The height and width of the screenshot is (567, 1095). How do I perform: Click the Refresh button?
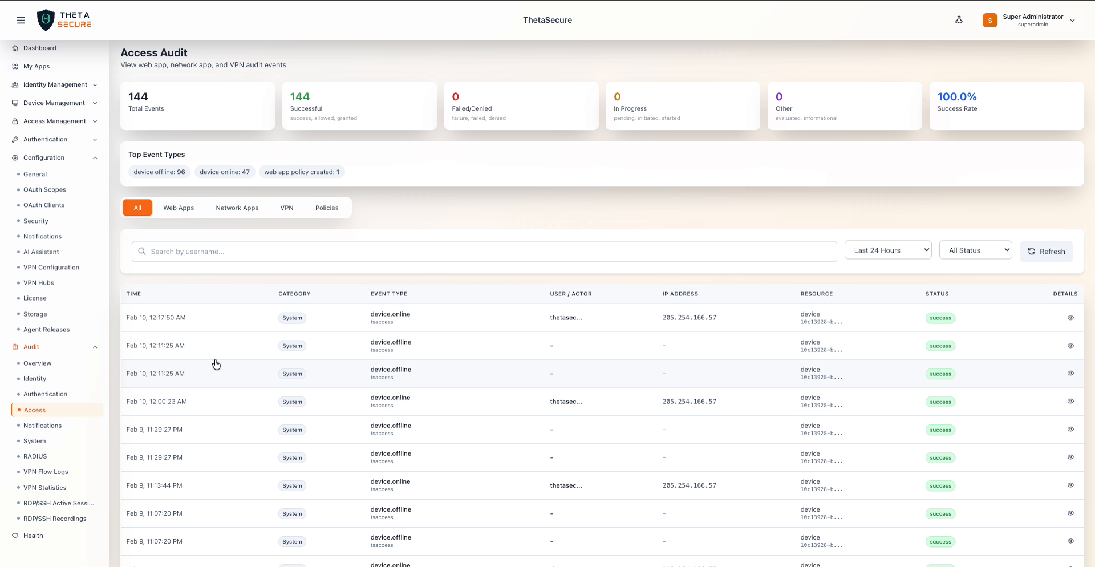(1046, 252)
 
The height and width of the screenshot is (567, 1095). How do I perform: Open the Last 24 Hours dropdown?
(888, 250)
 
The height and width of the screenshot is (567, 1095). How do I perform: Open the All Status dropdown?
(975, 250)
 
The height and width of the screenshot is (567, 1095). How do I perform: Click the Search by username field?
(484, 252)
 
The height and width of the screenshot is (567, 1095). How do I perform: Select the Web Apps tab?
(179, 208)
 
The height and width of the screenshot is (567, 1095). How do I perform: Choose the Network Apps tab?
(237, 208)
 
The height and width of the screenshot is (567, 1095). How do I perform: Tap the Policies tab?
(327, 208)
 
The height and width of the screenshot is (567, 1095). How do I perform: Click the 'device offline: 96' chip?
(159, 172)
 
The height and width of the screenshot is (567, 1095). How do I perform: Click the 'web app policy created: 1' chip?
(302, 172)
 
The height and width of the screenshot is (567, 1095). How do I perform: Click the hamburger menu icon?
(21, 21)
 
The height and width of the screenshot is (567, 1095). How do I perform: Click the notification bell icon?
(959, 20)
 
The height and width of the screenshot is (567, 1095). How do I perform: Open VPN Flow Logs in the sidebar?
(46, 472)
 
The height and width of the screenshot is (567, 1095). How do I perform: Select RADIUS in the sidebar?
(35, 457)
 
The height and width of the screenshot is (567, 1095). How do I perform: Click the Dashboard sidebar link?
(39, 48)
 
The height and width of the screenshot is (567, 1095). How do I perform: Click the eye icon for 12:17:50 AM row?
(1070, 318)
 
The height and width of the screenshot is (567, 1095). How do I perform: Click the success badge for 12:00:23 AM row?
(940, 402)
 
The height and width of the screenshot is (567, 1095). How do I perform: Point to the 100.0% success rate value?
(956, 97)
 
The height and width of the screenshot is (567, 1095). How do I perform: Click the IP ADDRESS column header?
(680, 294)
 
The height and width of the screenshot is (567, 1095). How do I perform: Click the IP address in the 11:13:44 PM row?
(689, 486)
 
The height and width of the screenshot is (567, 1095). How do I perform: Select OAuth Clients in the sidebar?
(44, 205)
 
